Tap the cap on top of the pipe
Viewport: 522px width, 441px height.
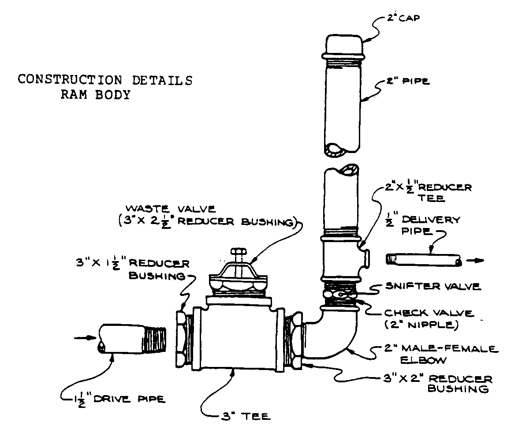click(x=344, y=44)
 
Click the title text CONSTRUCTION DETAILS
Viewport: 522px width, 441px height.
click(x=105, y=80)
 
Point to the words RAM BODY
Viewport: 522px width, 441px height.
click(x=96, y=95)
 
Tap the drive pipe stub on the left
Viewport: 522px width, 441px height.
click(x=132, y=339)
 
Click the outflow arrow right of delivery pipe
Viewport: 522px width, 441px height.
click(x=475, y=261)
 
